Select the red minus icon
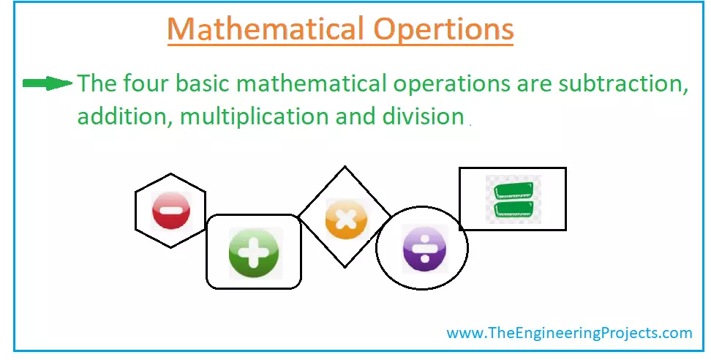point(170,210)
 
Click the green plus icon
point(254,252)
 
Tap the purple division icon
point(422,249)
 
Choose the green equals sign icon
point(513,199)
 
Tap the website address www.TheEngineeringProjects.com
point(569,333)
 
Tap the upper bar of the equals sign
point(513,191)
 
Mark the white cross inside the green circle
point(254,253)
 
